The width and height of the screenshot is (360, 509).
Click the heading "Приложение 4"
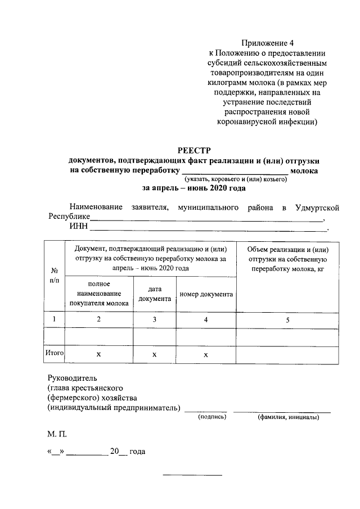[268, 43]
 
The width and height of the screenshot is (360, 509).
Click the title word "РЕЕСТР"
[193, 150]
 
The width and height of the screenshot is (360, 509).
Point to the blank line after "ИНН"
[209, 228]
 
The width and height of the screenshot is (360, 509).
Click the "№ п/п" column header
[55, 275]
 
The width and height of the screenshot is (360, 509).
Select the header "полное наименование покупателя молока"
[99, 294]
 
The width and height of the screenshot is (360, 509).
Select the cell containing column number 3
[155, 319]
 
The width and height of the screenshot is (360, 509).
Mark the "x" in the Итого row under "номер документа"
[206, 355]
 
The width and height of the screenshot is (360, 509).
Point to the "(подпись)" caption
[211, 417]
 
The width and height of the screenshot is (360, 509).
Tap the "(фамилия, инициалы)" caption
[288, 417]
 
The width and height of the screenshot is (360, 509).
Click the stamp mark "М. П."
[57, 435]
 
